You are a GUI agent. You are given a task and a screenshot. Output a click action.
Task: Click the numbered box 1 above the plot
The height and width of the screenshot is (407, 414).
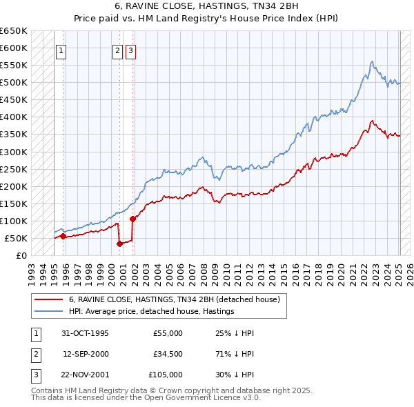(x=61, y=50)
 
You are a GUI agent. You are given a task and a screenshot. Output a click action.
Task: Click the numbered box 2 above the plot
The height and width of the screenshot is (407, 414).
(x=117, y=50)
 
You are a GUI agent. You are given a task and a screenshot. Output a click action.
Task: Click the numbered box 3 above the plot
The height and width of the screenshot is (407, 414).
(x=130, y=50)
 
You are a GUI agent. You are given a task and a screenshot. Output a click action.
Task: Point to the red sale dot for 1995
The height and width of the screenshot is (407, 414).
(x=63, y=236)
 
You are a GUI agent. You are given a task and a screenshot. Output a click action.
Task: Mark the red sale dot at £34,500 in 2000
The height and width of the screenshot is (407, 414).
(x=119, y=243)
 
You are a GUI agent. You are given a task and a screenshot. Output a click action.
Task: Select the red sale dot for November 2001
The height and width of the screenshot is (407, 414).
(x=132, y=219)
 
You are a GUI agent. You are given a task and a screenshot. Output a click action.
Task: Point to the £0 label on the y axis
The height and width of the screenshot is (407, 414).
(x=21, y=255)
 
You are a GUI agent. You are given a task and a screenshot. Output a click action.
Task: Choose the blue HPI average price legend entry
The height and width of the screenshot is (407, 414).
(x=151, y=311)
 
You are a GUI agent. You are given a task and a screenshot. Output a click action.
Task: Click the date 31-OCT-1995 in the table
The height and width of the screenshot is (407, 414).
(x=85, y=333)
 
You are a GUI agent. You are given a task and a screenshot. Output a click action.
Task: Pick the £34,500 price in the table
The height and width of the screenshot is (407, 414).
(x=168, y=354)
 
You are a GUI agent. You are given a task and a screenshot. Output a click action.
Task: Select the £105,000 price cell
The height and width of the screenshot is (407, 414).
(x=166, y=375)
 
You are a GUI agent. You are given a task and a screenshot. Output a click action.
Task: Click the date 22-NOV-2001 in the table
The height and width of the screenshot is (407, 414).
(x=85, y=375)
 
